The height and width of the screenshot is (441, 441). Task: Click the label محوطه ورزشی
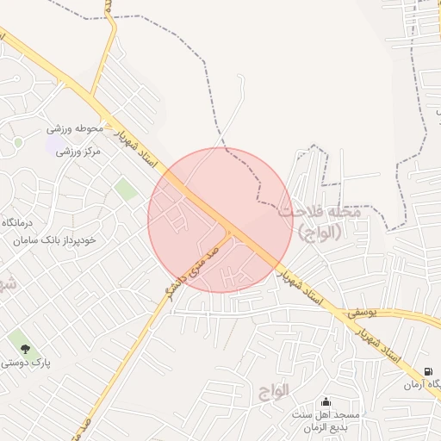pos(75,129)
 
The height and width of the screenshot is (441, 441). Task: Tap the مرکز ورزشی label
pos(78,152)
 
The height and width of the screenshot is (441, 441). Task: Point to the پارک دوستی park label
pos(25,363)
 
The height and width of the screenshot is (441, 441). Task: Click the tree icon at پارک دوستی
pos(25,349)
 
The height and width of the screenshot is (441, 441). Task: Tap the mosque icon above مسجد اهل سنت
pos(326,401)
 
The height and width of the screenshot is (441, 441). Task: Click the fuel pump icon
pos(426,371)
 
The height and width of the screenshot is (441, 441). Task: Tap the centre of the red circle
pos(220,220)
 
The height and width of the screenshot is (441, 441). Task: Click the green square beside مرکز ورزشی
pos(127,189)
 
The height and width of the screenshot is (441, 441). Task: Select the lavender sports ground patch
pos(53,142)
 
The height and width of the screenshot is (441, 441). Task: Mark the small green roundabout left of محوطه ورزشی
pos(18,142)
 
